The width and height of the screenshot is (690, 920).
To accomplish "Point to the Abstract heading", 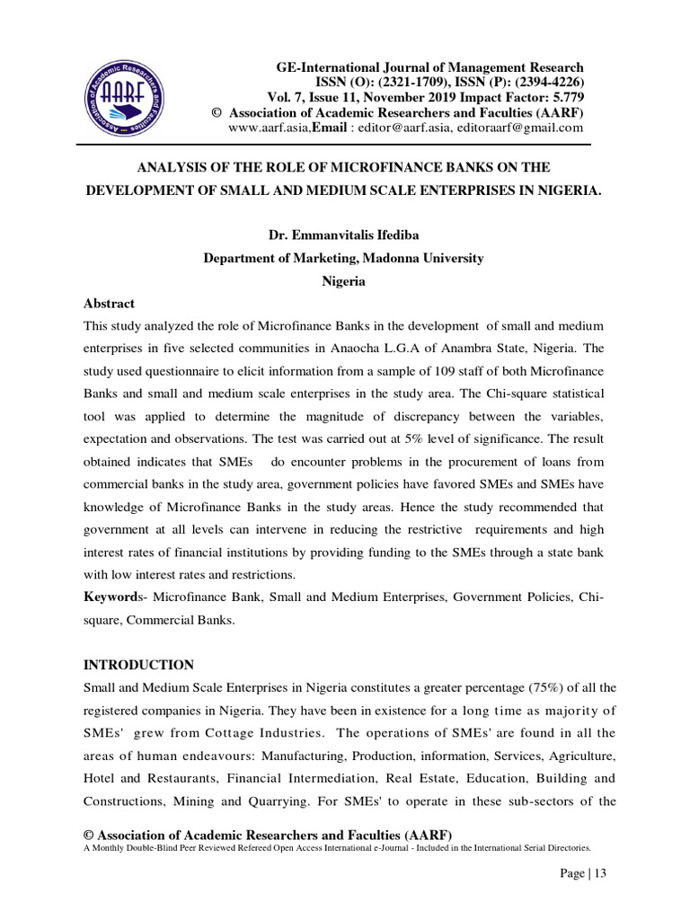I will (109, 304).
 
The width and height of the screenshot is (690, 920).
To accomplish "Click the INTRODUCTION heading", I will (138, 665).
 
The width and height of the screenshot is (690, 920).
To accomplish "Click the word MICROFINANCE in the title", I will (373, 168).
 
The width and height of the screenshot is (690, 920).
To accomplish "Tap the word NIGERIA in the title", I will (565, 191).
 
